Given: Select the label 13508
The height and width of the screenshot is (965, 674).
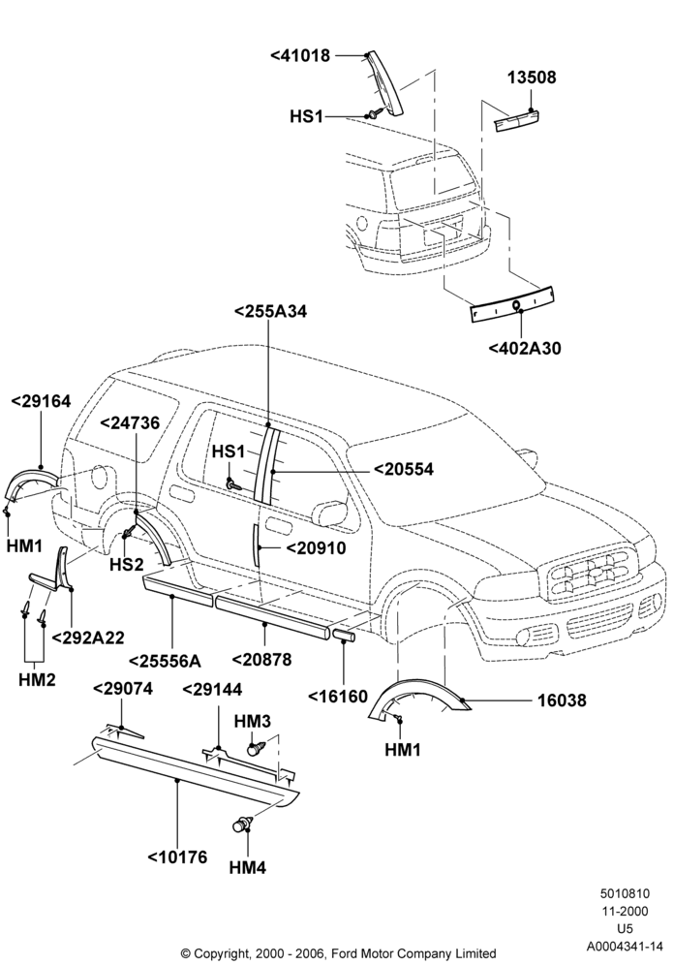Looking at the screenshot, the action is [x=532, y=78].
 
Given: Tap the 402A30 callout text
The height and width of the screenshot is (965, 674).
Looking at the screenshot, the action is [x=525, y=349].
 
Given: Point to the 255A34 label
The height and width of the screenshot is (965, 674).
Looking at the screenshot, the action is [x=270, y=311].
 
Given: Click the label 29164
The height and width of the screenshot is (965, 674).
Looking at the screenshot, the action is [x=41, y=401].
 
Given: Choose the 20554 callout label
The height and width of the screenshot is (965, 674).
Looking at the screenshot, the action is [x=404, y=469].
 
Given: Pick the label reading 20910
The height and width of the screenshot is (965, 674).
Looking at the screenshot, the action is [x=316, y=547].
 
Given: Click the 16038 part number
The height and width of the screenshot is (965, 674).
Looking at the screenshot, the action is [x=562, y=700].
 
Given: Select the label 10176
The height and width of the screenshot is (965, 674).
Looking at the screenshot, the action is [x=177, y=856].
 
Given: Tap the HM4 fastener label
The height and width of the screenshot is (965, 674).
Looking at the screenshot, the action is [x=247, y=868].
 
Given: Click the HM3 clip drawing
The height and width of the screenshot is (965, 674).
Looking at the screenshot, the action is [x=256, y=749].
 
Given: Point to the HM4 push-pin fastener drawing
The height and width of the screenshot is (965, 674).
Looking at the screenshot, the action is [x=242, y=824].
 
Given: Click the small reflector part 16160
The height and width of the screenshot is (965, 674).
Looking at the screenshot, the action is [x=344, y=635].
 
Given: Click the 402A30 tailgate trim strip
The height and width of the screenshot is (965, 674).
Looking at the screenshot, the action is [x=513, y=304].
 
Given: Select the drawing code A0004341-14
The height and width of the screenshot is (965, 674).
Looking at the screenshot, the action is [x=625, y=946].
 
